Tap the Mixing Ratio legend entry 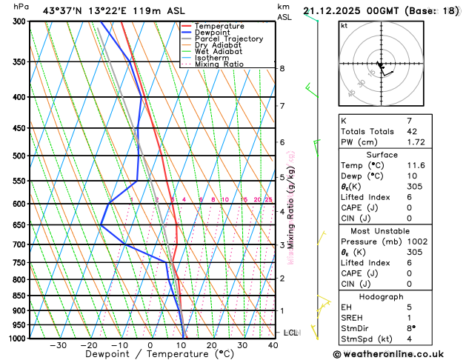(x=219, y=64)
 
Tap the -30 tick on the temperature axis (x=58, y=345)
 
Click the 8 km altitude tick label (x=282, y=69)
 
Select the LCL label (x=290, y=333)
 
